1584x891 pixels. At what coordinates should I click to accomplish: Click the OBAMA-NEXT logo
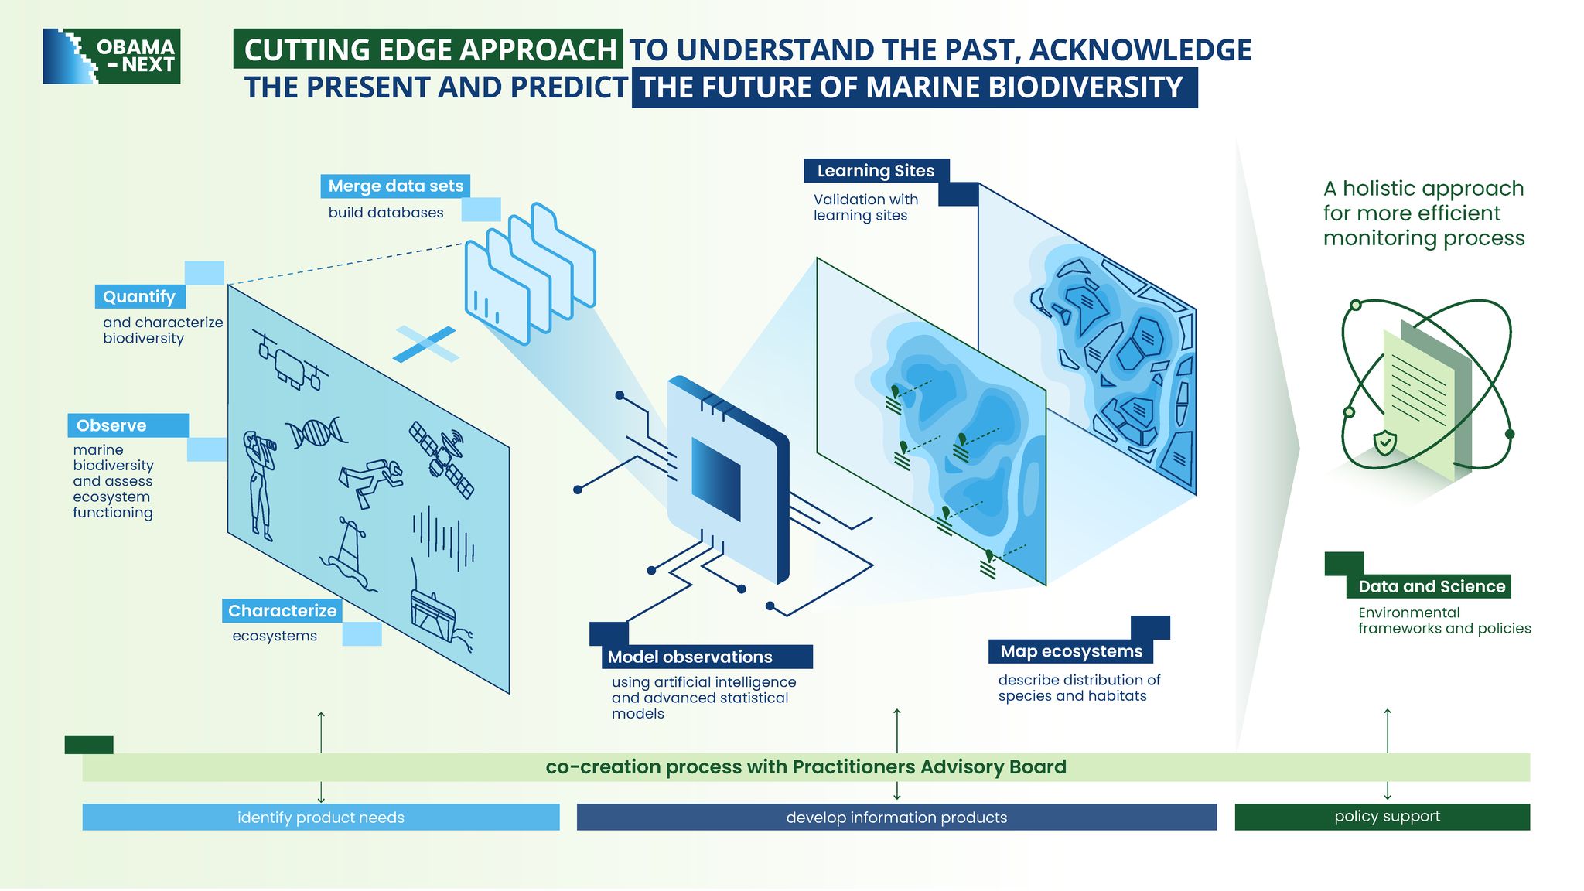click(x=111, y=56)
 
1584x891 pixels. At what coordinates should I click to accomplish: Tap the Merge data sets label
click(x=395, y=186)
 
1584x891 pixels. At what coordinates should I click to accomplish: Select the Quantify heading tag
click(x=139, y=297)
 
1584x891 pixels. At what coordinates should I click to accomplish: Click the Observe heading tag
click(x=128, y=425)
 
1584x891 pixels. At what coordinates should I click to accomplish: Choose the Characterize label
click(x=282, y=611)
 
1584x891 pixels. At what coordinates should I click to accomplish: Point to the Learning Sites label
click(x=876, y=171)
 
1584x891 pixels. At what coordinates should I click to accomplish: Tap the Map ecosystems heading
click(x=1071, y=651)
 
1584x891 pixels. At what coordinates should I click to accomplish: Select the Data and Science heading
click(x=1431, y=586)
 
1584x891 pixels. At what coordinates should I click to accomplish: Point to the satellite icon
click(x=442, y=459)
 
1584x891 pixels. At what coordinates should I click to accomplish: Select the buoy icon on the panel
click(x=348, y=554)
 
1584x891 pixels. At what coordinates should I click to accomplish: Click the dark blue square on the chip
click(x=716, y=480)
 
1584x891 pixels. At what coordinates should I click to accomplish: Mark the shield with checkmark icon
click(x=1384, y=443)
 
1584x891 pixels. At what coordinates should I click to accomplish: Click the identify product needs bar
click(x=321, y=818)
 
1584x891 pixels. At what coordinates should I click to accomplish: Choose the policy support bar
click(x=1382, y=817)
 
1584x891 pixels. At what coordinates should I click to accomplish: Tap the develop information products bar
click(x=896, y=818)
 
